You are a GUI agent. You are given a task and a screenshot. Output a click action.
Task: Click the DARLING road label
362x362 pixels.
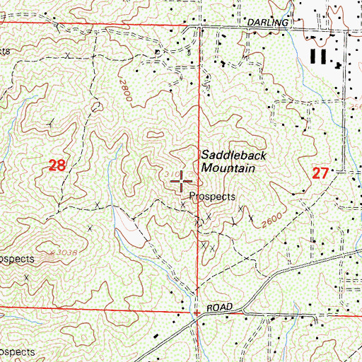coord(269,23)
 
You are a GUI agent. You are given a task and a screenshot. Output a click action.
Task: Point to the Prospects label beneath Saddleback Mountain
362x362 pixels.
coord(211,197)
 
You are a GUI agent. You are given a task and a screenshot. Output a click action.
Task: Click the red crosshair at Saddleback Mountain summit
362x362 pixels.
coord(182,182)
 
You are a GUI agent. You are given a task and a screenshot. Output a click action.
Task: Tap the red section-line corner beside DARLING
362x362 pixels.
coord(197,27)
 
